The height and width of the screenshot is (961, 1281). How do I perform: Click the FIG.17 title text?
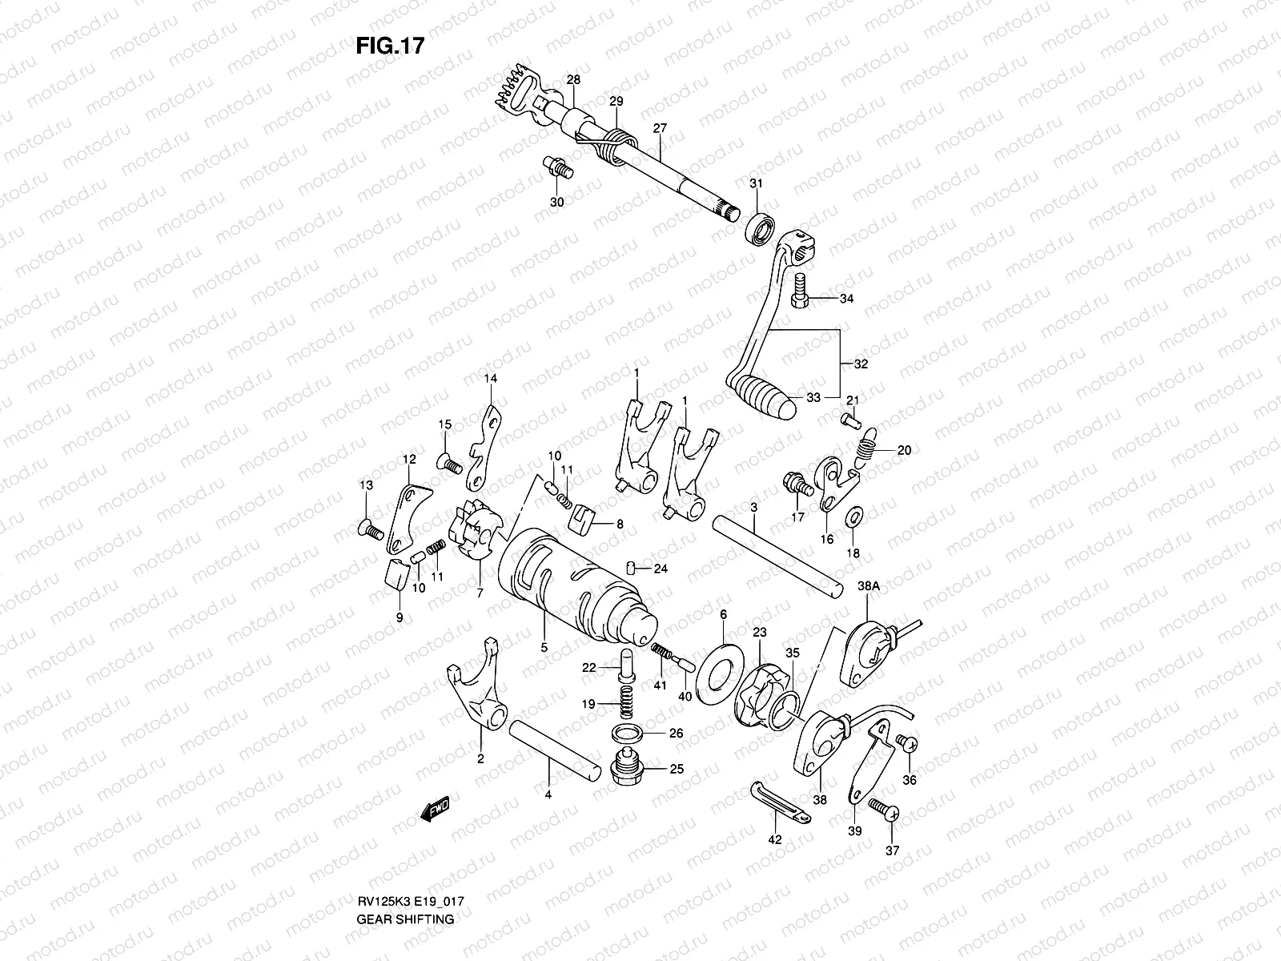[390, 46]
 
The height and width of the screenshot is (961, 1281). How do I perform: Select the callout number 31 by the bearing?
[756, 184]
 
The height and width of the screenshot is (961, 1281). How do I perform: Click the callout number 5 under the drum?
[544, 648]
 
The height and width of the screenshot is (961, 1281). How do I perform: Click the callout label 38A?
[869, 586]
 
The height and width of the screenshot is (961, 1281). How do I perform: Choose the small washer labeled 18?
[853, 515]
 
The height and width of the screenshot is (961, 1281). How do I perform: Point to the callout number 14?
[490, 378]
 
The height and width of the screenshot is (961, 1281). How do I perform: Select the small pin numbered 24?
[632, 569]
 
